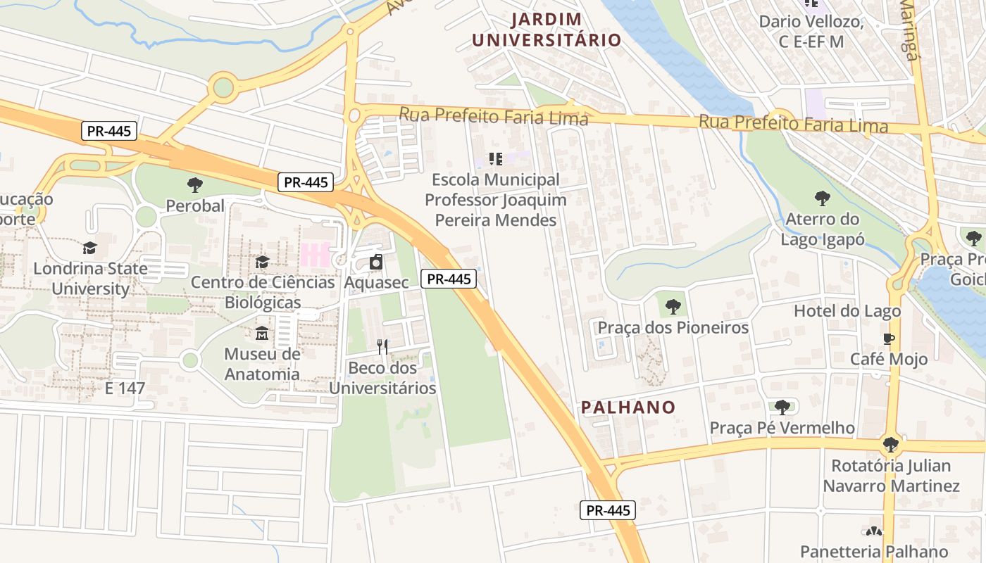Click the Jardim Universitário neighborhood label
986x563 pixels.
click(x=547, y=30)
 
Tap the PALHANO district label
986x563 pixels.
click(x=628, y=407)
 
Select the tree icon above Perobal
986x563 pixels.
click(x=195, y=185)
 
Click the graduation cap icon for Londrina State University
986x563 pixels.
click(x=89, y=248)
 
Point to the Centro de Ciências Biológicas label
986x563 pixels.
click(x=263, y=292)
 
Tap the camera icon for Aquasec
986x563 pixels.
click(x=376, y=262)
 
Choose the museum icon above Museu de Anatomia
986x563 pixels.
click(x=262, y=333)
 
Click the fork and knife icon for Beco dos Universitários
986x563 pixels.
click(x=382, y=346)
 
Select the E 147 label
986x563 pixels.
click(x=125, y=388)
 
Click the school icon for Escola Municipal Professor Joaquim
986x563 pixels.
click(x=495, y=159)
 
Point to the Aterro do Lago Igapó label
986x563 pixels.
click(x=822, y=229)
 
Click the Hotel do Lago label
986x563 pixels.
click(x=847, y=311)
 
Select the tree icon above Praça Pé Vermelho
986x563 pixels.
click(x=782, y=407)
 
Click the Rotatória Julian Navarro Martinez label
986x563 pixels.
click(x=891, y=476)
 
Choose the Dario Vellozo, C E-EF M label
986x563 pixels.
click(x=811, y=32)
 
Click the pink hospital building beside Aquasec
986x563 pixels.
click(x=315, y=254)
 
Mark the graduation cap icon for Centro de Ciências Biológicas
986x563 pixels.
click(x=262, y=262)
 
